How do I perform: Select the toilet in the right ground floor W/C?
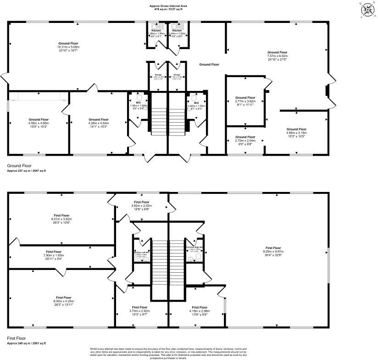click(x=194, y=98)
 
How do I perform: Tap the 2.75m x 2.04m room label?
click(x=245, y=140)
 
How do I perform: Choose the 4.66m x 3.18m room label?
click(x=296, y=133)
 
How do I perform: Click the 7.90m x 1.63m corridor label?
click(x=54, y=255)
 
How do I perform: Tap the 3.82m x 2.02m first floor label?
click(x=142, y=205)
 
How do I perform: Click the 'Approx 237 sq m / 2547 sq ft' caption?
click(x=26, y=170)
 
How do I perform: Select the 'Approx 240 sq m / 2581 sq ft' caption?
click(x=26, y=343)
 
